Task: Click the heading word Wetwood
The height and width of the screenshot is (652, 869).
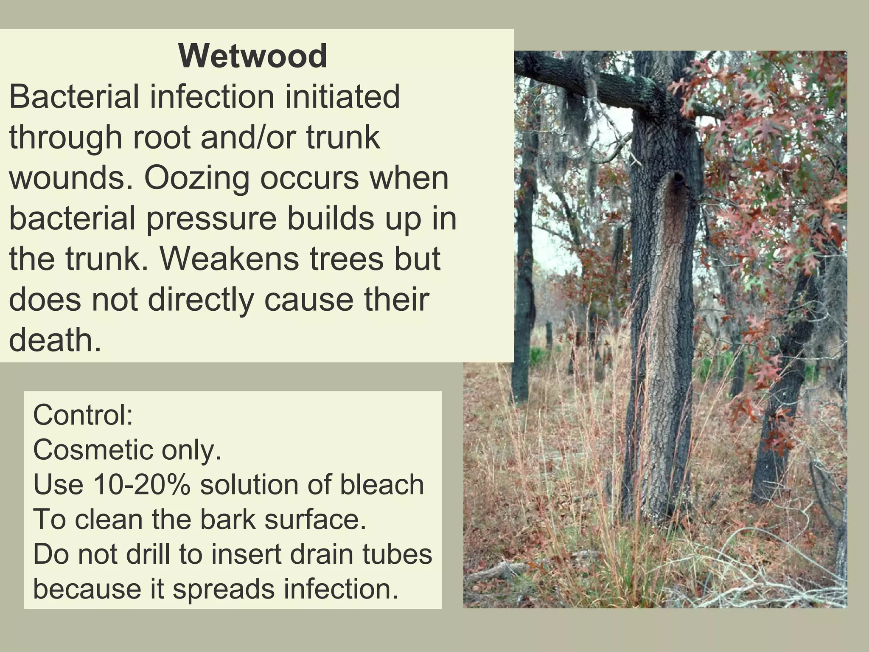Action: (252, 56)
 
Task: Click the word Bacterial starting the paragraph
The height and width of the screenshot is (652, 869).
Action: (74, 97)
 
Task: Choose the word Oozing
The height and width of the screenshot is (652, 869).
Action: (196, 178)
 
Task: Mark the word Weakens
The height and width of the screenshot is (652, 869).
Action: (229, 259)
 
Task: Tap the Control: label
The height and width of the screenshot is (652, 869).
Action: (83, 415)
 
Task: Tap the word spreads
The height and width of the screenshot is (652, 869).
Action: (224, 589)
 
